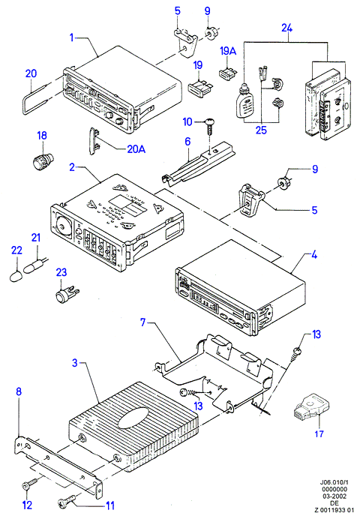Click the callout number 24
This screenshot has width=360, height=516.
point(286,28)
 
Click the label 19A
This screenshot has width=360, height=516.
point(228,51)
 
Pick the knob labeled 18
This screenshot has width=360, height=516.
point(43,160)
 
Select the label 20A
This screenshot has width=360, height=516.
point(136,149)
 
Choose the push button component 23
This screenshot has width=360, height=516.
point(67,293)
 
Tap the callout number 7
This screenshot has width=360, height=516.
point(142,322)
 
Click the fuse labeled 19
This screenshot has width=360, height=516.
point(199,88)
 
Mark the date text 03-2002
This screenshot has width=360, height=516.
point(333,496)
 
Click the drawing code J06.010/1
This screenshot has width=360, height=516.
point(333,482)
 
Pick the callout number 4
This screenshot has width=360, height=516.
point(314,254)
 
